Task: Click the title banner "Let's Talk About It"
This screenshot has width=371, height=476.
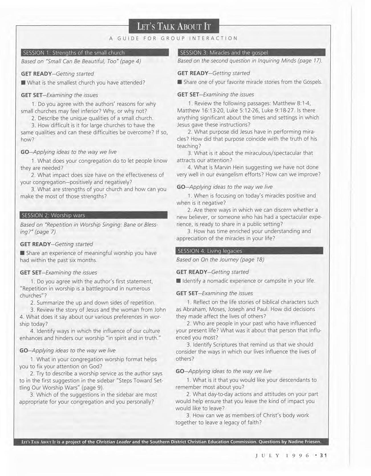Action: (x=174, y=27)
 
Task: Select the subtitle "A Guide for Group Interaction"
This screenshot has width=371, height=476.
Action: (x=173, y=38)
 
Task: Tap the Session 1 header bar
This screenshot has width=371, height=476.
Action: (x=95, y=53)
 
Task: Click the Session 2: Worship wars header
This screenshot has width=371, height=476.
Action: (x=94, y=215)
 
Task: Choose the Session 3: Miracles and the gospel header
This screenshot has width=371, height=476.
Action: (x=251, y=52)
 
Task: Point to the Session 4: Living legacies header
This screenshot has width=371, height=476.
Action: (x=249, y=251)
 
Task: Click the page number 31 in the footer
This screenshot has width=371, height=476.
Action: (x=323, y=455)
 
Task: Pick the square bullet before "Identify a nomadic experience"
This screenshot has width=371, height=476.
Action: (x=179, y=281)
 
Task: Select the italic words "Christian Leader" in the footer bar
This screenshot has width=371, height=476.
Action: (x=113, y=442)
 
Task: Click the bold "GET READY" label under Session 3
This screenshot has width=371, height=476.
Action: (x=193, y=73)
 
